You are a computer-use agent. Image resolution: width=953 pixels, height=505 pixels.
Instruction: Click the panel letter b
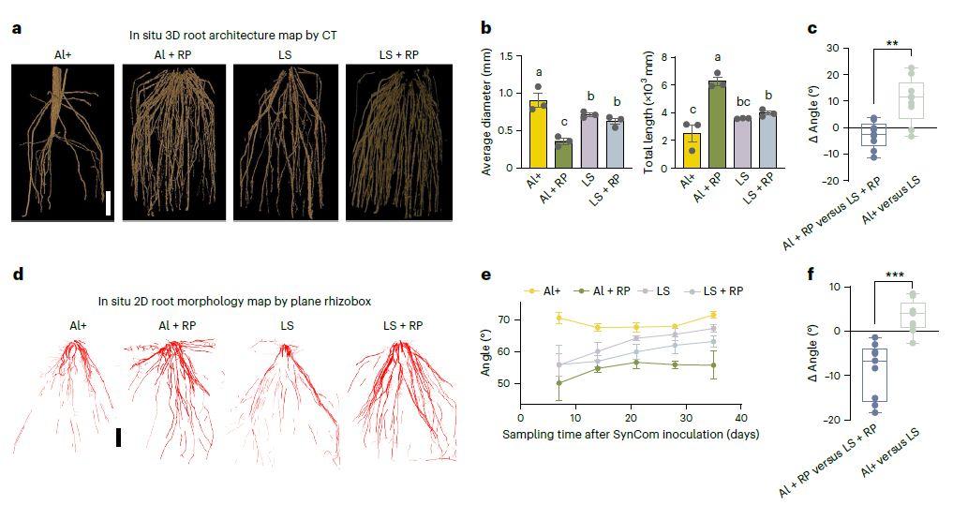pos(486,28)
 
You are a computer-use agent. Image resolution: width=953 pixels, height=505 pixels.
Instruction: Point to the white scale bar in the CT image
pos(109,203)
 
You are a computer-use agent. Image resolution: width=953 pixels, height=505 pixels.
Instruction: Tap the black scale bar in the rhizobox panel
pos(118,437)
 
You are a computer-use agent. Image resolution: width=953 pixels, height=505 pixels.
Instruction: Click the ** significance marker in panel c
pos(895,44)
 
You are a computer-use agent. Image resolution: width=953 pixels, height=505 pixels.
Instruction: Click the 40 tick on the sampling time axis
pos(740,419)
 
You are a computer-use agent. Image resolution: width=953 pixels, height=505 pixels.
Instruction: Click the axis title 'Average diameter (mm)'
pos(487,112)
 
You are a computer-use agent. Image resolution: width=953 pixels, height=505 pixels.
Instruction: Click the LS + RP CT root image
pos(397,142)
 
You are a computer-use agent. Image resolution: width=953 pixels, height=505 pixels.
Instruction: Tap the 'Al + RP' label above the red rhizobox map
pos(176,325)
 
